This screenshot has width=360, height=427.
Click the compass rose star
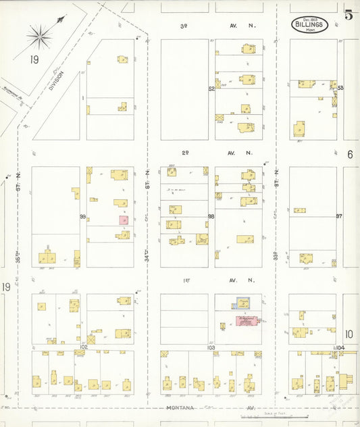[40, 36]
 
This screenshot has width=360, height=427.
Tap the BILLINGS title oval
[310, 25]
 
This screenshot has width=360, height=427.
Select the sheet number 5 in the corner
[349, 16]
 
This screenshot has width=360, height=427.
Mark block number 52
[211, 89]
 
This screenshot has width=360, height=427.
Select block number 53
[340, 89]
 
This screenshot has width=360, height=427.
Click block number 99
[82, 216]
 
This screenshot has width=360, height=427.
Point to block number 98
[211, 216]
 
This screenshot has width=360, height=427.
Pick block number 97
[340, 216]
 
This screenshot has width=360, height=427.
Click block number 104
[340, 348]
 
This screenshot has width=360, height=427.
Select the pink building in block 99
[124, 220]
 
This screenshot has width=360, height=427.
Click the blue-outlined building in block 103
[240, 303]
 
